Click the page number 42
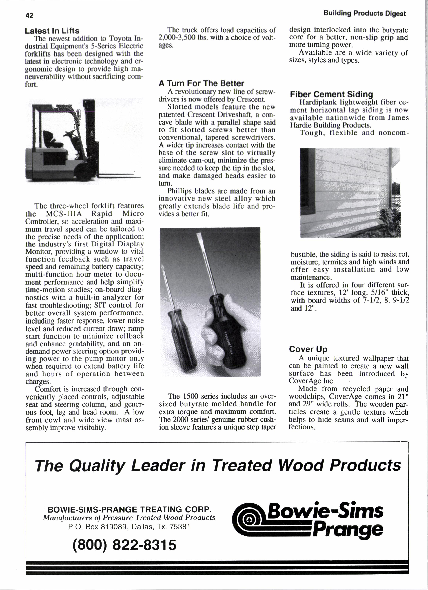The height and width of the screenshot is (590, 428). coord(29,15)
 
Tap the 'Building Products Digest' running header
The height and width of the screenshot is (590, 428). coord(364,14)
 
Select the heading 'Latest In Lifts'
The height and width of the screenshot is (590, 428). coord(52,31)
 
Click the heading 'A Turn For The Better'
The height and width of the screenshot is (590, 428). coord(201,83)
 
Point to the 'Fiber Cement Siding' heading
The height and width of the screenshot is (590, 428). coord(331,94)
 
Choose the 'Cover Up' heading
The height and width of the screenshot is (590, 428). coord(308,349)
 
